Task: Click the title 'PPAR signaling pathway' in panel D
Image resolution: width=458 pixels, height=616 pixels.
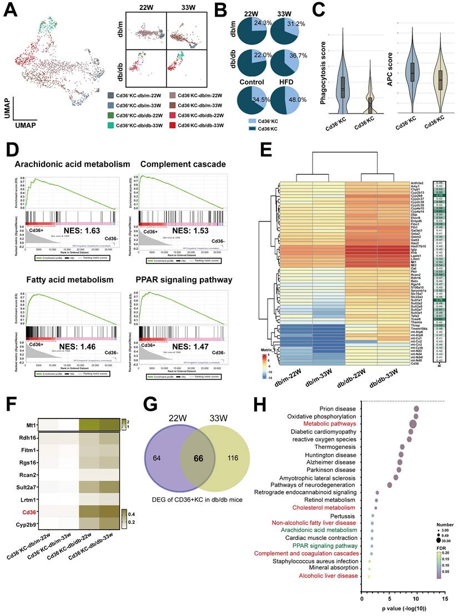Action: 184,279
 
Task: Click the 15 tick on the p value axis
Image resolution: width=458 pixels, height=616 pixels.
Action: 443,600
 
